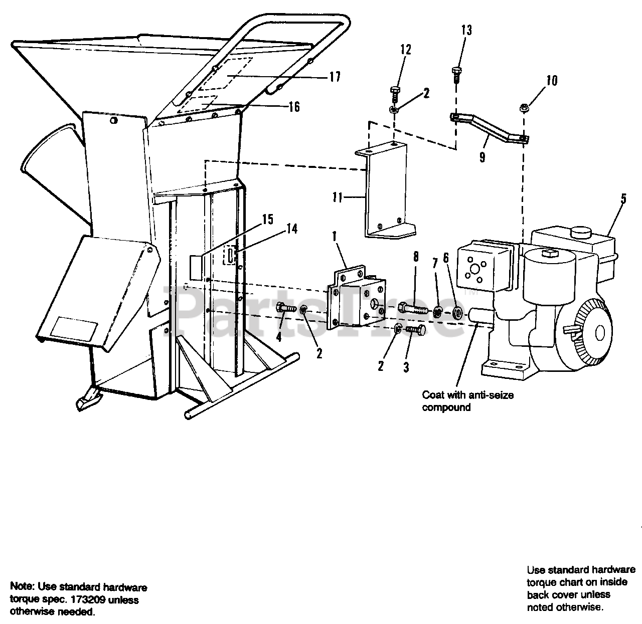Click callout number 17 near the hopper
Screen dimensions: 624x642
[x=335, y=77]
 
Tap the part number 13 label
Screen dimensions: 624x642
[x=466, y=30]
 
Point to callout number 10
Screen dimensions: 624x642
[x=551, y=80]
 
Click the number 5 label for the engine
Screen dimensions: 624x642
[x=623, y=199]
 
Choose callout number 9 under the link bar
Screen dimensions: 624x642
[x=482, y=157]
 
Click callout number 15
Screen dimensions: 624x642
[x=267, y=219]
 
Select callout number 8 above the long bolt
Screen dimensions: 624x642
[x=415, y=258]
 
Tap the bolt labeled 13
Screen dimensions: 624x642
[x=456, y=74]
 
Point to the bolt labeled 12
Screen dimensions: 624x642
[x=394, y=94]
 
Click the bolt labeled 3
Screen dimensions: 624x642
[x=416, y=330]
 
